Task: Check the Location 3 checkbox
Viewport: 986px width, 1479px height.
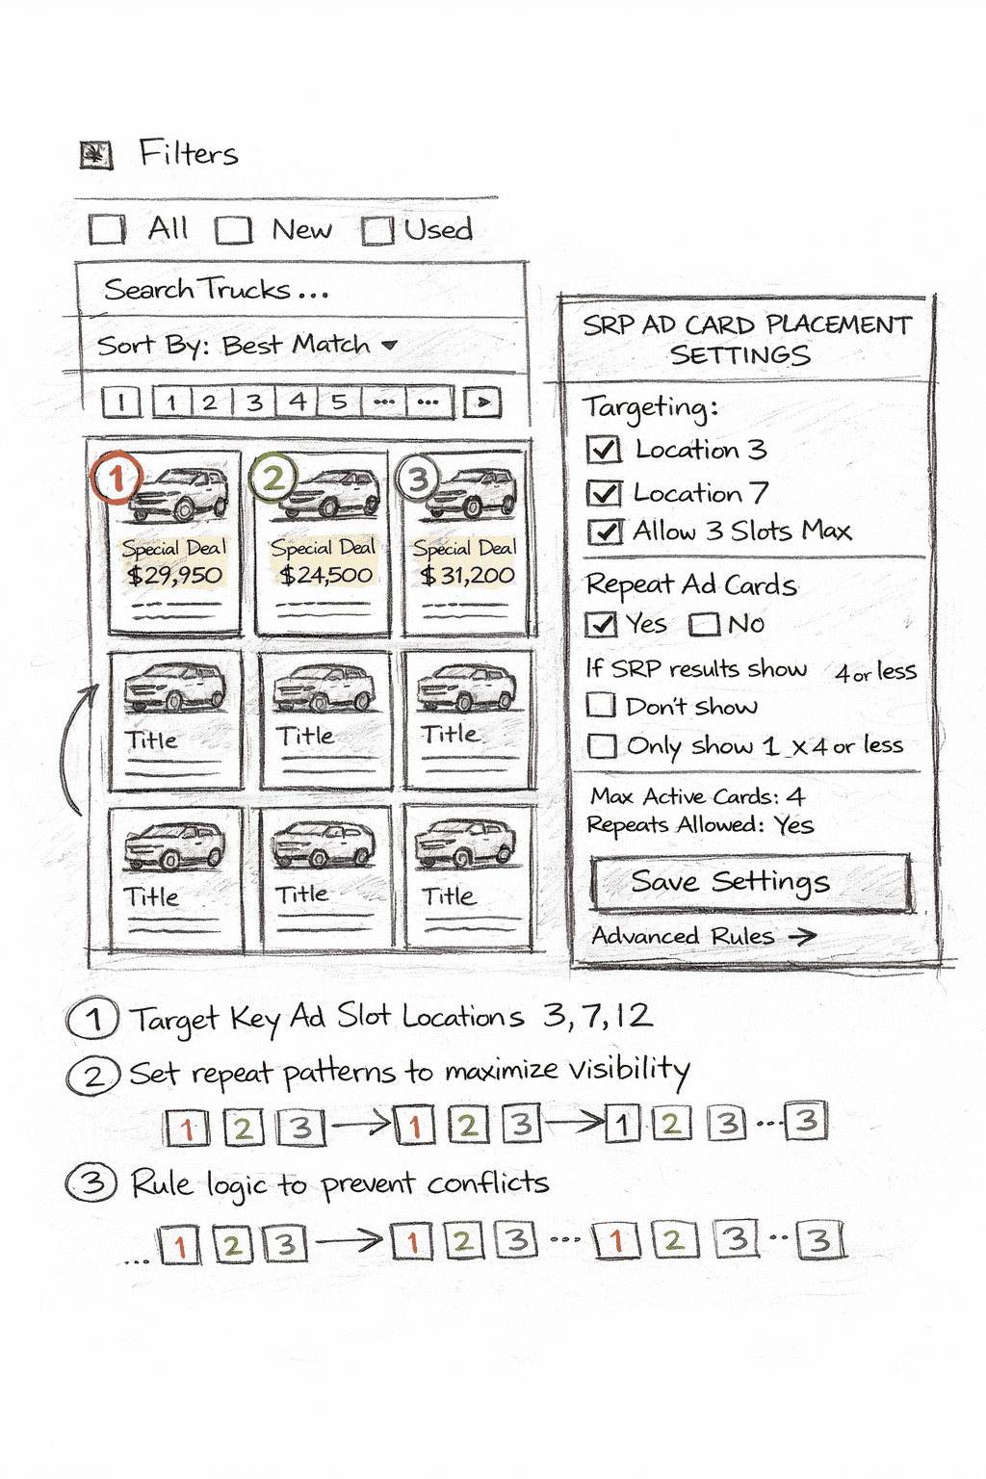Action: pos(604,450)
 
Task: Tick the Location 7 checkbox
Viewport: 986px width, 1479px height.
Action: pos(604,493)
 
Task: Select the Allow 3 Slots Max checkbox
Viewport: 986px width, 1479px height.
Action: pos(605,532)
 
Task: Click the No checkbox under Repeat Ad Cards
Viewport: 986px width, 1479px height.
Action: pos(704,625)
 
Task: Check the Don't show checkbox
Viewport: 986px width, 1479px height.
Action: pos(602,706)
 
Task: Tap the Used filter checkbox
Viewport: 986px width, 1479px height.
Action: pos(377,231)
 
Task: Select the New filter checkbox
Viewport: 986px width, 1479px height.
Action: pos(233,231)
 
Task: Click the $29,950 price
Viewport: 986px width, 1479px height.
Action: pos(174,576)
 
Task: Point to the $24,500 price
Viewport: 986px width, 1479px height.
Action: pos(325,576)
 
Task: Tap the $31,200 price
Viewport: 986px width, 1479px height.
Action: pos(468,576)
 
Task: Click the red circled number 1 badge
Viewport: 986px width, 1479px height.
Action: pos(117,477)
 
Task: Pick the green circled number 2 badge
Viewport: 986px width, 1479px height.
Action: pos(273,477)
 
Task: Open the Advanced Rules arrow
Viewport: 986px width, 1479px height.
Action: pos(802,936)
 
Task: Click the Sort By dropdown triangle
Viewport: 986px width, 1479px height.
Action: pos(389,345)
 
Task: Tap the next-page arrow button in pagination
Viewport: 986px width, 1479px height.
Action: pos(482,402)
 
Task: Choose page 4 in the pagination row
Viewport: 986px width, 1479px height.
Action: pos(298,402)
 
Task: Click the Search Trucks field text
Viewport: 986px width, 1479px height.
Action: pos(216,290)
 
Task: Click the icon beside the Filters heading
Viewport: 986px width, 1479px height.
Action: pos(96,155)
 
